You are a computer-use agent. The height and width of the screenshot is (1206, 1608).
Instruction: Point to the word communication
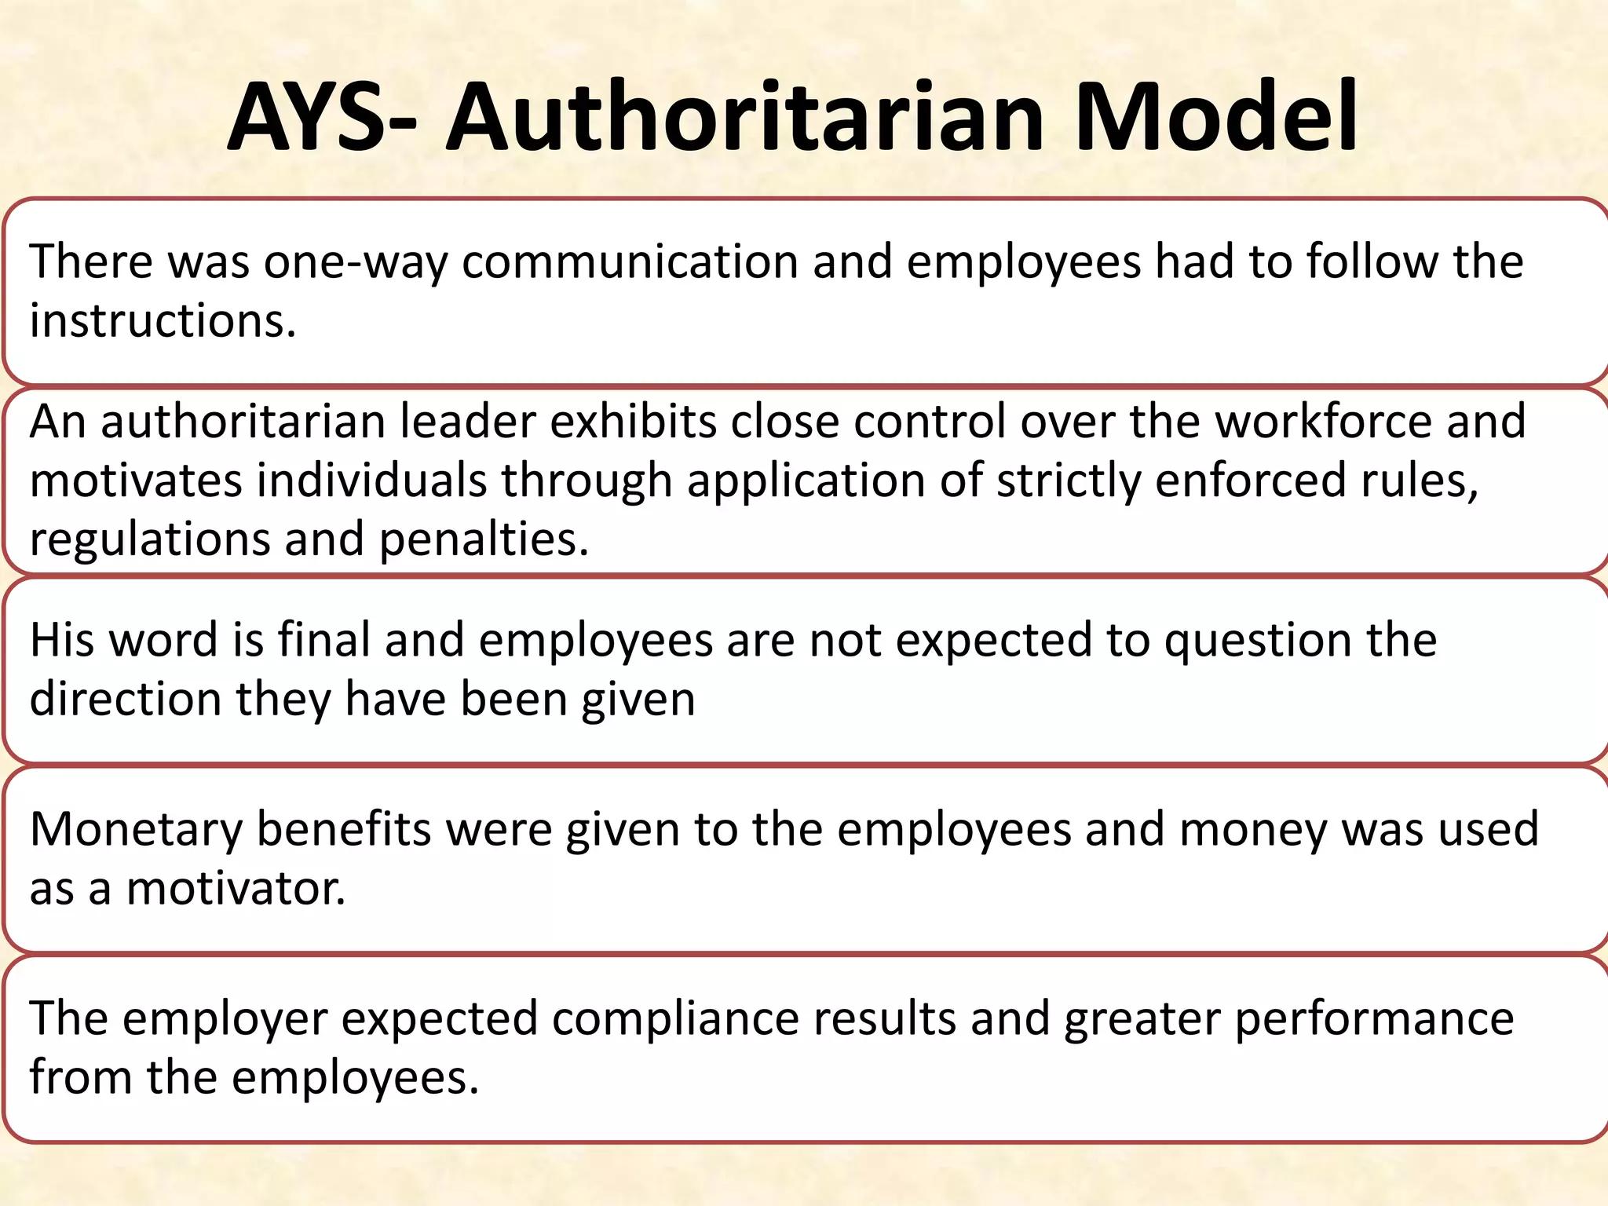click(630, 262)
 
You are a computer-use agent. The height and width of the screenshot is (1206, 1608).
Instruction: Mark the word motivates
click(136, 481)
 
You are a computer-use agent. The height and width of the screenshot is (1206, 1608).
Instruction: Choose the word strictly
click(1069, 481)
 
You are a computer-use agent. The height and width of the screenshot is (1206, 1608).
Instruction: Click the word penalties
click(484, 540)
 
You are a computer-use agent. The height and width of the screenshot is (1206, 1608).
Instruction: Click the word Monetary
click(136, 830)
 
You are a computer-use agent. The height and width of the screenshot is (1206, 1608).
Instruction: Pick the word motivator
click(236, 890)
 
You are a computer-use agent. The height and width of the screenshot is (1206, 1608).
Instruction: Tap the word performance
click(1374, 1019)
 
